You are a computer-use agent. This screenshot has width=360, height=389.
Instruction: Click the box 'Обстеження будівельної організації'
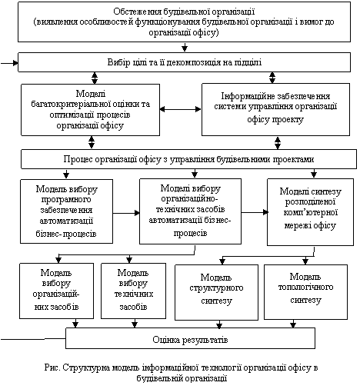[184, 22]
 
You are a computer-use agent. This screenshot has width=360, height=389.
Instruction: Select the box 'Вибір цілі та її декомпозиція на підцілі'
[184, 62]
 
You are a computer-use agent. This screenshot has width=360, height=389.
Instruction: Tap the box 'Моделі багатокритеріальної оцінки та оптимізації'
[90, 110]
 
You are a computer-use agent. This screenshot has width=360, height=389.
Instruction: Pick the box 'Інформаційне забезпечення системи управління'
[275, 109]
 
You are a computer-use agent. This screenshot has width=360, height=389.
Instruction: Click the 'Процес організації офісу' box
[188, 159]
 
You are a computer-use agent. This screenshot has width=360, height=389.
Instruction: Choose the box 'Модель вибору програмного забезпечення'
[66, 211]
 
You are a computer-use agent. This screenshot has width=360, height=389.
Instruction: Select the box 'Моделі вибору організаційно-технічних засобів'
[190, 211]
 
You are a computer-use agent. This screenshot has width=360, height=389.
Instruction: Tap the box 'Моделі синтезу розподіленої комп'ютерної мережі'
[310, 212]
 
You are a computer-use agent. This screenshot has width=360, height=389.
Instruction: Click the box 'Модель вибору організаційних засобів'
[56, 291]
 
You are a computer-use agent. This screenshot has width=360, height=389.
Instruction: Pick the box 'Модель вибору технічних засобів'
[133, 291]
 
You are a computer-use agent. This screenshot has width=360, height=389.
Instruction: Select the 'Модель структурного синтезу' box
[216, 292]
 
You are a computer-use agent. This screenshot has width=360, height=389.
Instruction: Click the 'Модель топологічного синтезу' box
[305, 292]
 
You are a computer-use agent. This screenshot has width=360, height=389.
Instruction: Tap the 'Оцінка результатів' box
[190, 338]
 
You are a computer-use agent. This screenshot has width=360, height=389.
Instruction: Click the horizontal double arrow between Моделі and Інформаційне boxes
[181, 109]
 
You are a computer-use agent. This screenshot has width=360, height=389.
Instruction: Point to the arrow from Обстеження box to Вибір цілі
[185, 47]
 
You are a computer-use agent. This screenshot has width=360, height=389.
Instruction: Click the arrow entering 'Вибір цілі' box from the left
[9, 63]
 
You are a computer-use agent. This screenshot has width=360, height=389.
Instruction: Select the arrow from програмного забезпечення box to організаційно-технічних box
[126, 213]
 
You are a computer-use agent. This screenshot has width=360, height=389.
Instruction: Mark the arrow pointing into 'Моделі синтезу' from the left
[255, 212]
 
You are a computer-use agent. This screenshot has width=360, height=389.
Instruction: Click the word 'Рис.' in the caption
[52, 367]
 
